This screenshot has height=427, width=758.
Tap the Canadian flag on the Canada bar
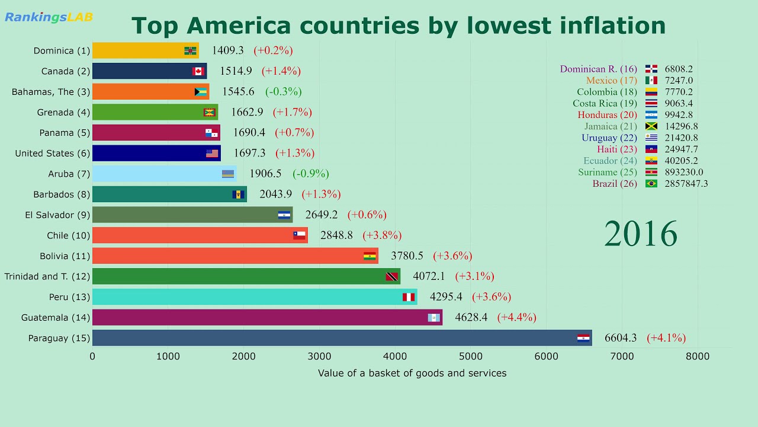(198, 71)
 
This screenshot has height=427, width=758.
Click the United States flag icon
(212, 154)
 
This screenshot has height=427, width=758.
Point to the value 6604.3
(620, 338)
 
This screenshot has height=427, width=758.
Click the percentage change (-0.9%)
(310, 174)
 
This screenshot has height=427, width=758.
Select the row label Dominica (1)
(62, 51)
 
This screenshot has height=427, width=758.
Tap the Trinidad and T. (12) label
(47, 276)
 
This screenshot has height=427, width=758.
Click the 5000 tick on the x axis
(470, 356)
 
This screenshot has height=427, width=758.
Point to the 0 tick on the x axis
(92, 356)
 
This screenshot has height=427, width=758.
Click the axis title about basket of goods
(412, 373)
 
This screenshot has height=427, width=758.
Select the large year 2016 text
(640, 234)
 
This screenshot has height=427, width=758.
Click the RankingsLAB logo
(49, 17)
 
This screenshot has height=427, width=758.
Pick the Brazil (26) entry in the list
(615, 184)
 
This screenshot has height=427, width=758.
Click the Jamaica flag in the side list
(651, 126)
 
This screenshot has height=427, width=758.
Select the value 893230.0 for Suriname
(683, 173)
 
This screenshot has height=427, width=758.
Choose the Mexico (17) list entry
(611, 81)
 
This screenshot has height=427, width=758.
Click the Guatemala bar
(267, 317)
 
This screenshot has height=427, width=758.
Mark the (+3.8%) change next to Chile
(382, 235)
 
